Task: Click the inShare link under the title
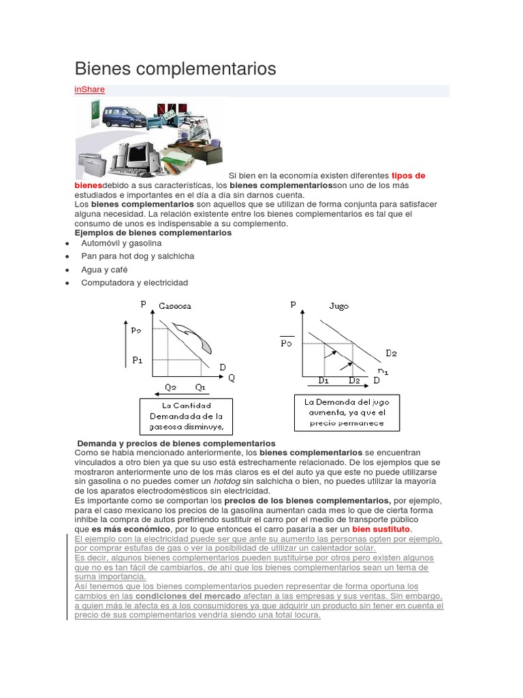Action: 89,89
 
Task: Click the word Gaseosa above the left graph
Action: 175,306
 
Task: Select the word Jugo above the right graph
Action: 338,306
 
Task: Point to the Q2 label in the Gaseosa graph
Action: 170,387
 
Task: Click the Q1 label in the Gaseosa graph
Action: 200,387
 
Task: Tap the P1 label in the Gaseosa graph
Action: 138,360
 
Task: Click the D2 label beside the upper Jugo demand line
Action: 391,353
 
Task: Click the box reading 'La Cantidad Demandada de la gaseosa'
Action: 186,416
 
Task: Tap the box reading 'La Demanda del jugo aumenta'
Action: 347,412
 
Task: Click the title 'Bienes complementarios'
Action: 175,69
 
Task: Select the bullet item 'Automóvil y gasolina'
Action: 121,243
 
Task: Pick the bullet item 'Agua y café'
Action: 104,269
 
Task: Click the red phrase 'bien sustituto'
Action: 381,529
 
